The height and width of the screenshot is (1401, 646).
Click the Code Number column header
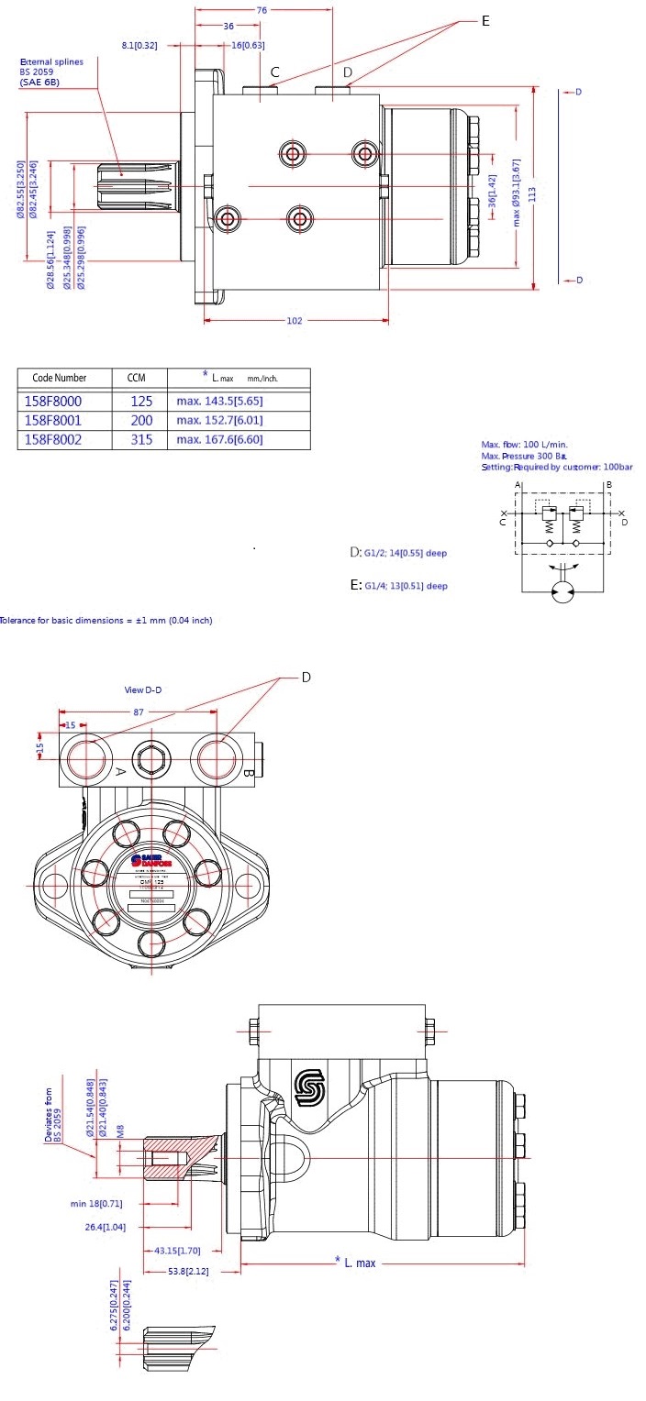tap(60, 378)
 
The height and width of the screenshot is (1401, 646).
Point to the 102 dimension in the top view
tap(295, 321)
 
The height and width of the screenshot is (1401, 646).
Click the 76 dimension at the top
tap(262, 10)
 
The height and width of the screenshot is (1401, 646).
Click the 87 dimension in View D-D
tap(138, 712)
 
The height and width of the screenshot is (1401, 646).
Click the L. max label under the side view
tap(359, 1263)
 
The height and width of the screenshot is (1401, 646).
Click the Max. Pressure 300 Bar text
tap(523, 456)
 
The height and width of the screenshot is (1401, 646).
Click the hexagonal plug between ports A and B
tap(151, 758)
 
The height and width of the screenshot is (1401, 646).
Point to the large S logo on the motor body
tap(309, 1086)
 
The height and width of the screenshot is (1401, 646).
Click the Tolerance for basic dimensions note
tap(106, 621)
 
